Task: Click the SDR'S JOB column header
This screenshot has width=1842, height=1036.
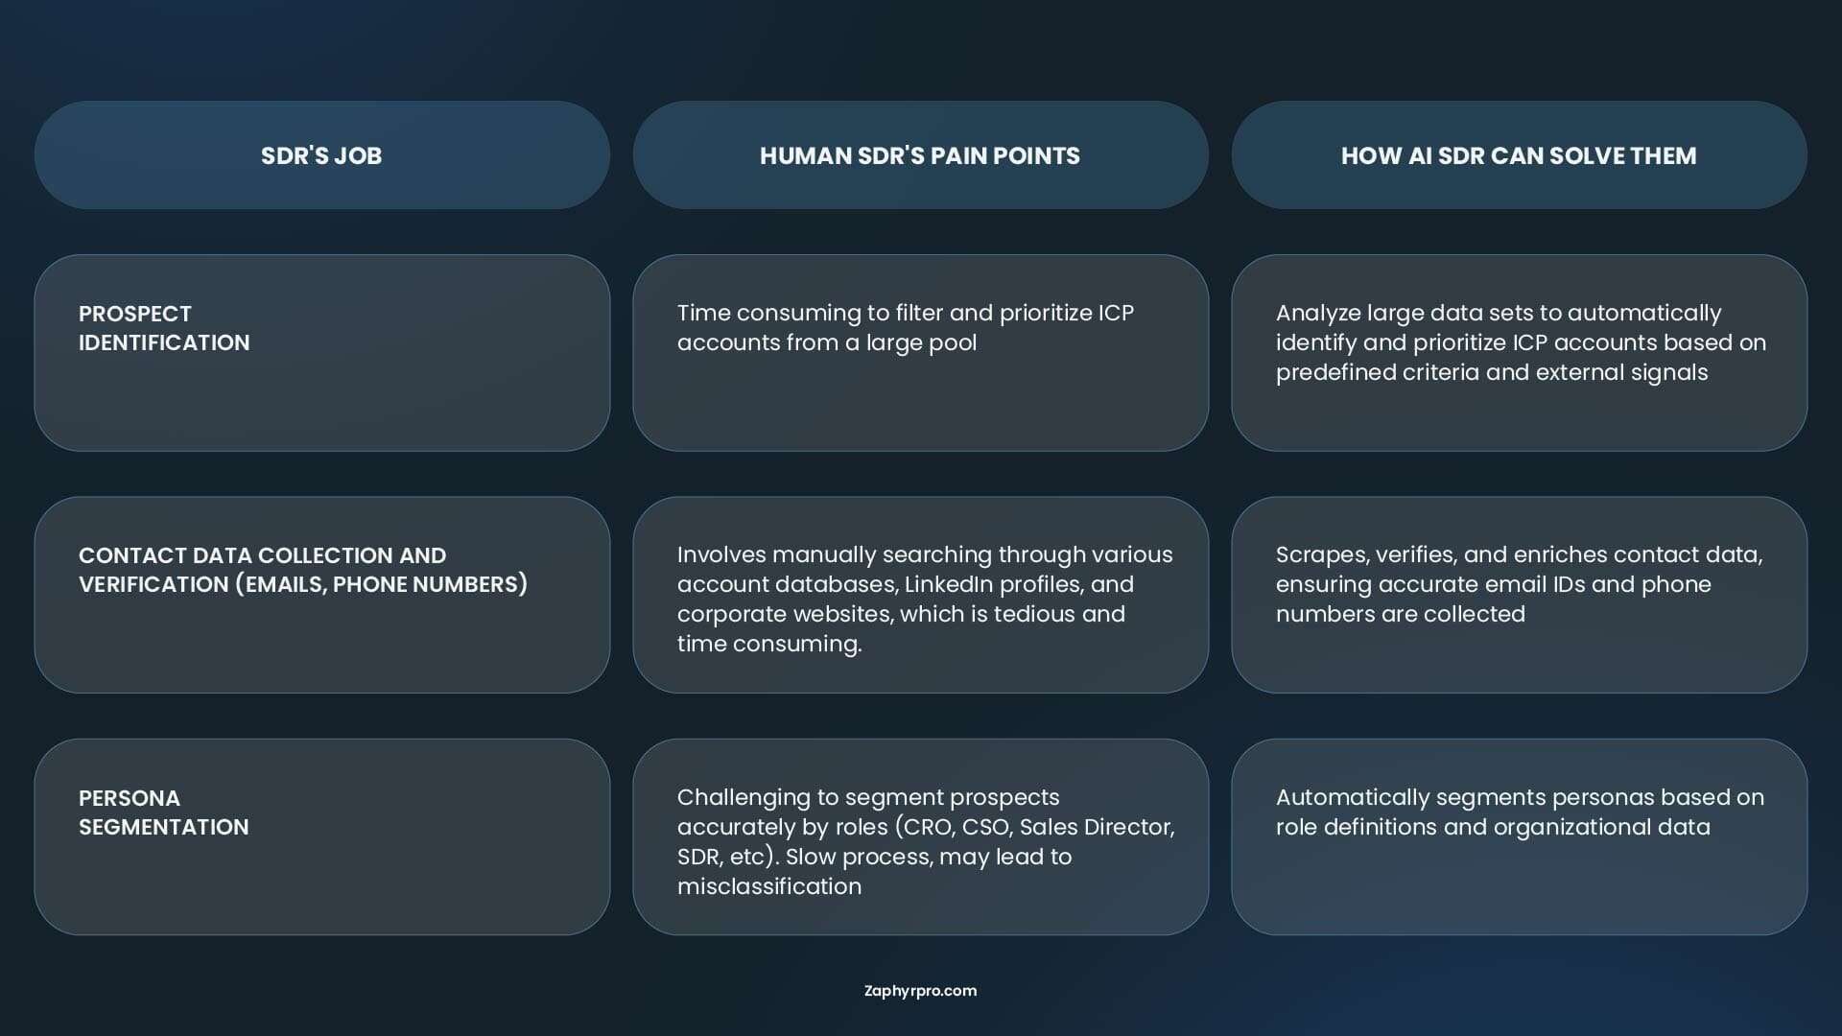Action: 321,155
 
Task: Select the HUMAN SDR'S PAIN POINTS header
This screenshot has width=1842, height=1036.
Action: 920,155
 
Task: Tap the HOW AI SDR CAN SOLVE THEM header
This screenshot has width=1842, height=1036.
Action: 1519,155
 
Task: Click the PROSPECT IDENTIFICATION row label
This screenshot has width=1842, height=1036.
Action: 164,328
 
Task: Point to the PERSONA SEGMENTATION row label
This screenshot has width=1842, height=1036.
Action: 164,812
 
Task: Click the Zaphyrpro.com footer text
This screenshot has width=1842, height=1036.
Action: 921,991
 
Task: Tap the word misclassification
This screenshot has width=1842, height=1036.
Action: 769,886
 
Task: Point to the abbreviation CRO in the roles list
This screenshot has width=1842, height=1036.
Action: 925,827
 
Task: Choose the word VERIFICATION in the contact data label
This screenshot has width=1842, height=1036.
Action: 153,584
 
